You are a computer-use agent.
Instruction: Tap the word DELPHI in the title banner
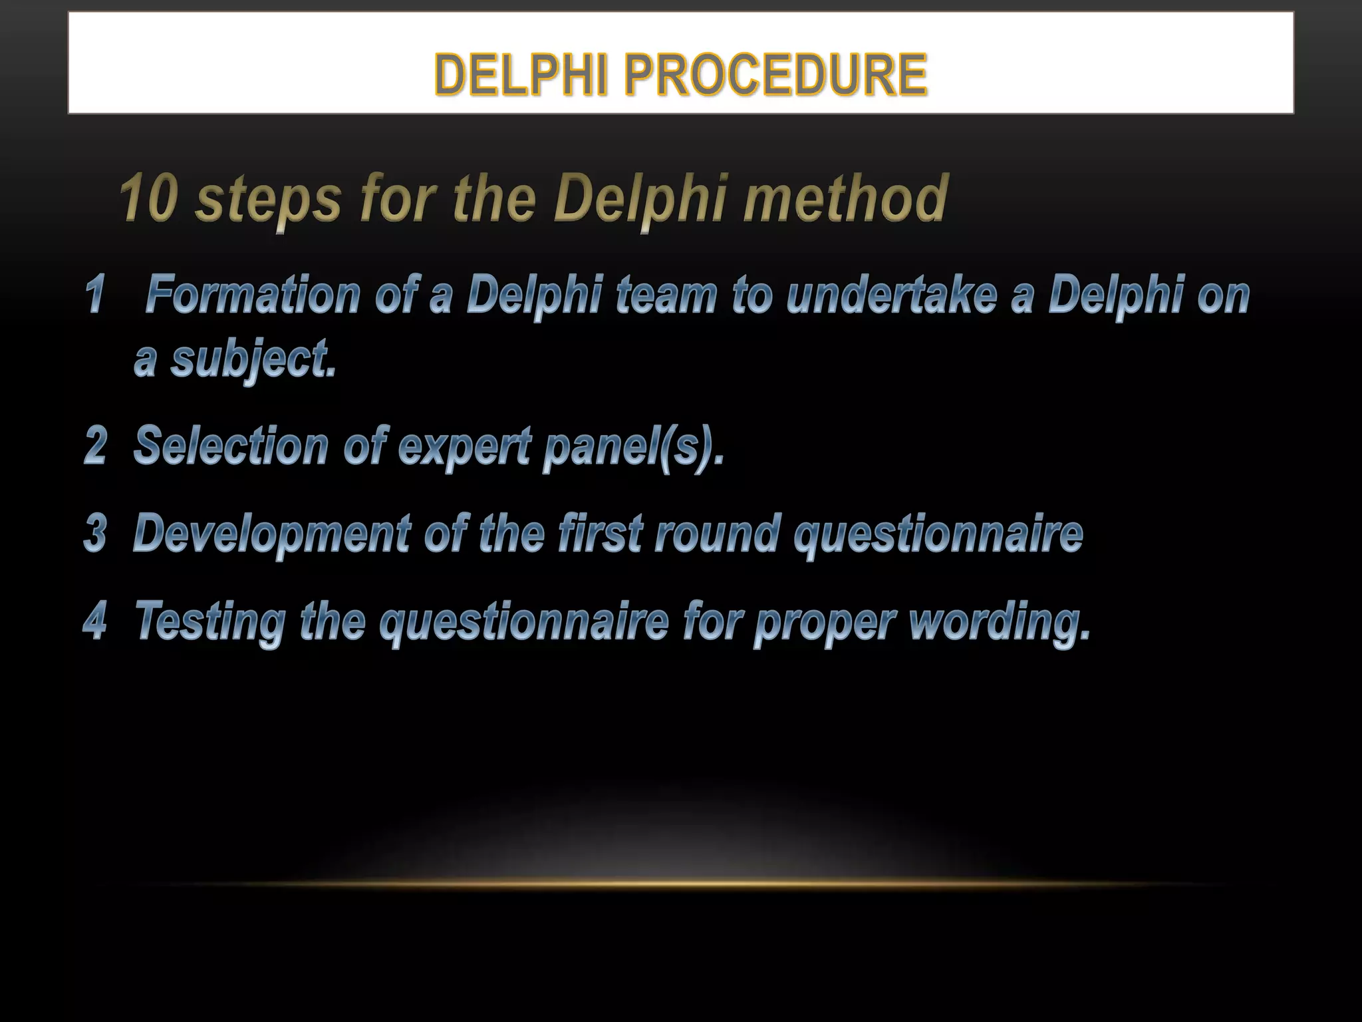(x=521, y=75)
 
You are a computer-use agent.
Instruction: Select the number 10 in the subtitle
(x=148, y=199)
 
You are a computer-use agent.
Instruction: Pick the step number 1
(x=95, y=295)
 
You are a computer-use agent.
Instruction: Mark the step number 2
(x=95, y=445)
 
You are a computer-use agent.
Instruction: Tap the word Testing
(x=209, y=622)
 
